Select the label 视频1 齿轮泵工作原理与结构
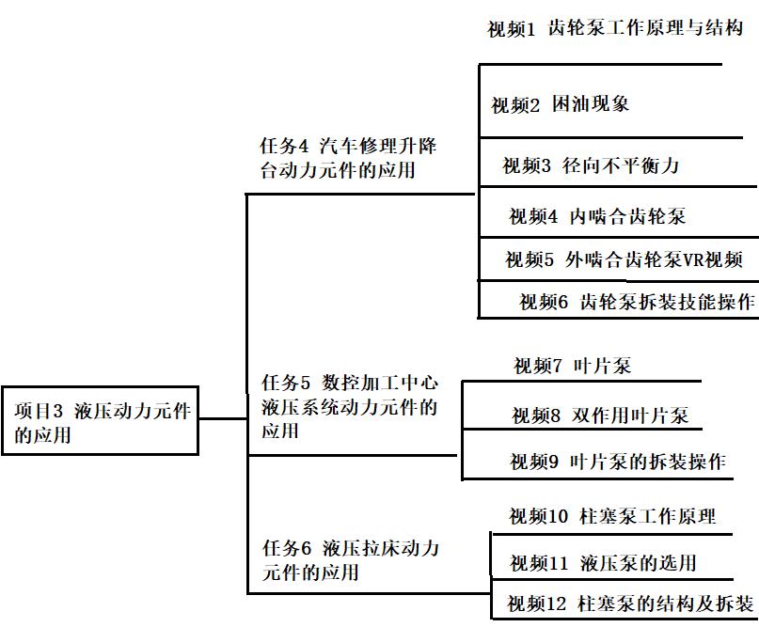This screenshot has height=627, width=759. tap(615, 28)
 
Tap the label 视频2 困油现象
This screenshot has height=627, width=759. tap(560, 104)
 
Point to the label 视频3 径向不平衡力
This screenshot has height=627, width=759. tap(590, 166)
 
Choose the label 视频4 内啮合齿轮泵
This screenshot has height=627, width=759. tap(597, 216)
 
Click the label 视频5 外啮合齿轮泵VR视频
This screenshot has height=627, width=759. tap(624, 259)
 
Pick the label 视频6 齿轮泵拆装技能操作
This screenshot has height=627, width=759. tap(637, 302)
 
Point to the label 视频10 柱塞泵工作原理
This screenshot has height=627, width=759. tap(612, 516)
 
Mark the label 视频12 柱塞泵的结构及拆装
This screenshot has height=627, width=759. tap(630, 603)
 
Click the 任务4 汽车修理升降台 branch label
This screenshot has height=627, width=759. tap(348, 159)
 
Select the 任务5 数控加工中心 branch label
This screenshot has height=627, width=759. tap(349, 407)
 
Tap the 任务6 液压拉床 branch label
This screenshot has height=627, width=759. tap(349, 559)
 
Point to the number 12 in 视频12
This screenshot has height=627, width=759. tap(559, 603)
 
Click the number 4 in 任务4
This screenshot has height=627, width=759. tap(304, 147)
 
